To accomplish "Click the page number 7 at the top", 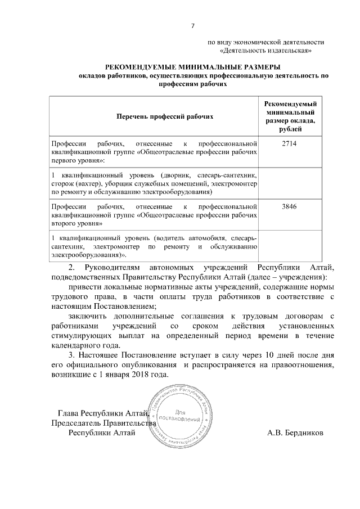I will pos(193,26).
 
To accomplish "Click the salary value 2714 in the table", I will pos(289,144).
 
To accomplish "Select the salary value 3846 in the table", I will pos(289,206).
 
